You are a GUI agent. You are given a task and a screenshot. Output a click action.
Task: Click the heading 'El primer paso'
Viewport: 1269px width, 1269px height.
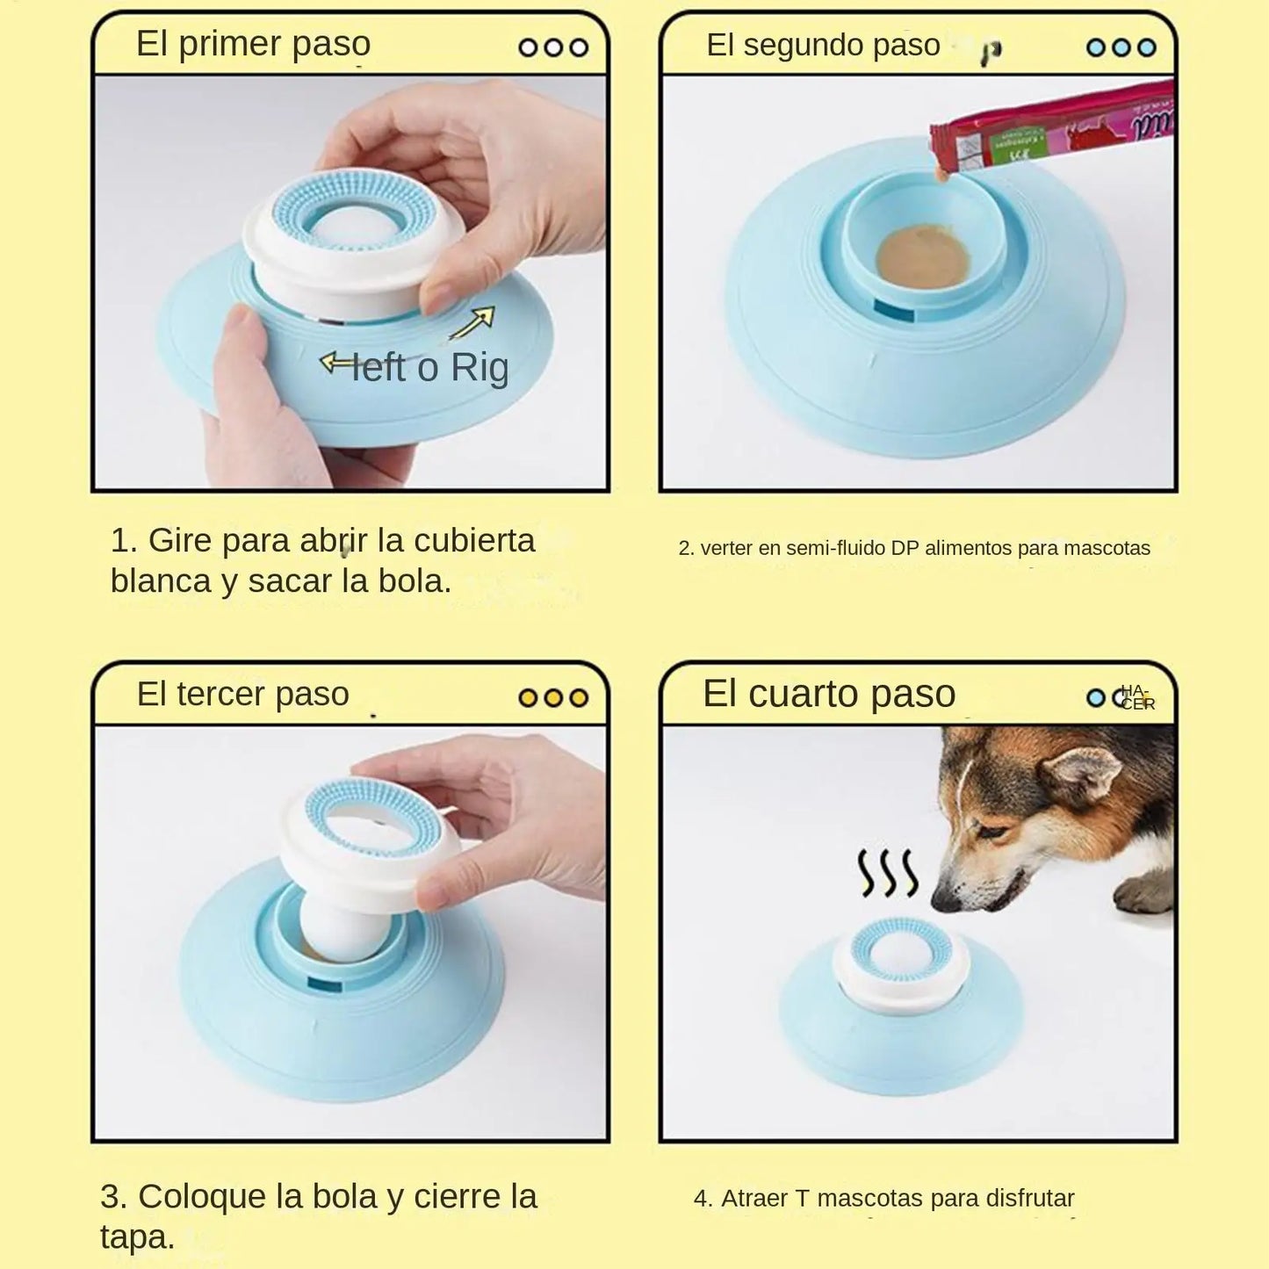(x=253, y=44)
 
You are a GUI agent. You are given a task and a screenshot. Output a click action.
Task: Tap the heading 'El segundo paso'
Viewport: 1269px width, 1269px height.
(x=823, y=45)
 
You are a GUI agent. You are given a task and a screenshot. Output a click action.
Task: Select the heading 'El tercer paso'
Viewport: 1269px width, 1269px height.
(x=242, y=694)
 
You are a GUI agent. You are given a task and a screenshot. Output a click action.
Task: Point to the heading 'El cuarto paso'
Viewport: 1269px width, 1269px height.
(x=828, y=694)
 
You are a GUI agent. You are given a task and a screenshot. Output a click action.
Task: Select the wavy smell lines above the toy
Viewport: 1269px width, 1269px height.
(x=887, y=873)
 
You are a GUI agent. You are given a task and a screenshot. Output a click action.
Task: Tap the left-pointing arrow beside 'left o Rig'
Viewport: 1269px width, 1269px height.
(x=335, y=362)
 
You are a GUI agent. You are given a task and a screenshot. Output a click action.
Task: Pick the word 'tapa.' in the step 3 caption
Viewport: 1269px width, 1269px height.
(x=137, y=1237)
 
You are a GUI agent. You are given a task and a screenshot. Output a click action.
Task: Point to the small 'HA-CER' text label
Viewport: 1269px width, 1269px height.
(x=1138, y=697)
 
